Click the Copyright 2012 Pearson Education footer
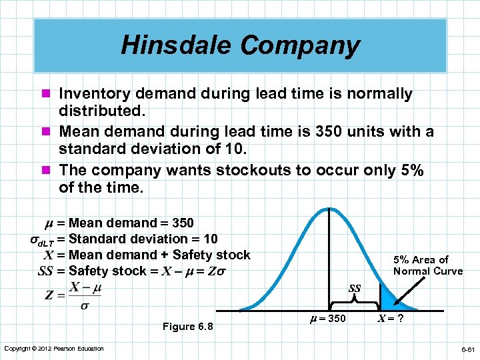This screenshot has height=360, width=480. [54, 349]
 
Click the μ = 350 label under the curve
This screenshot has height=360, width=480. [329, 319]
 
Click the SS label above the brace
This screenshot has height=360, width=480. [355, 289]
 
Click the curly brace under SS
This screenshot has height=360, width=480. [355, 300]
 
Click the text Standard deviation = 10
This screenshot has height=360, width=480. [143, 239]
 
